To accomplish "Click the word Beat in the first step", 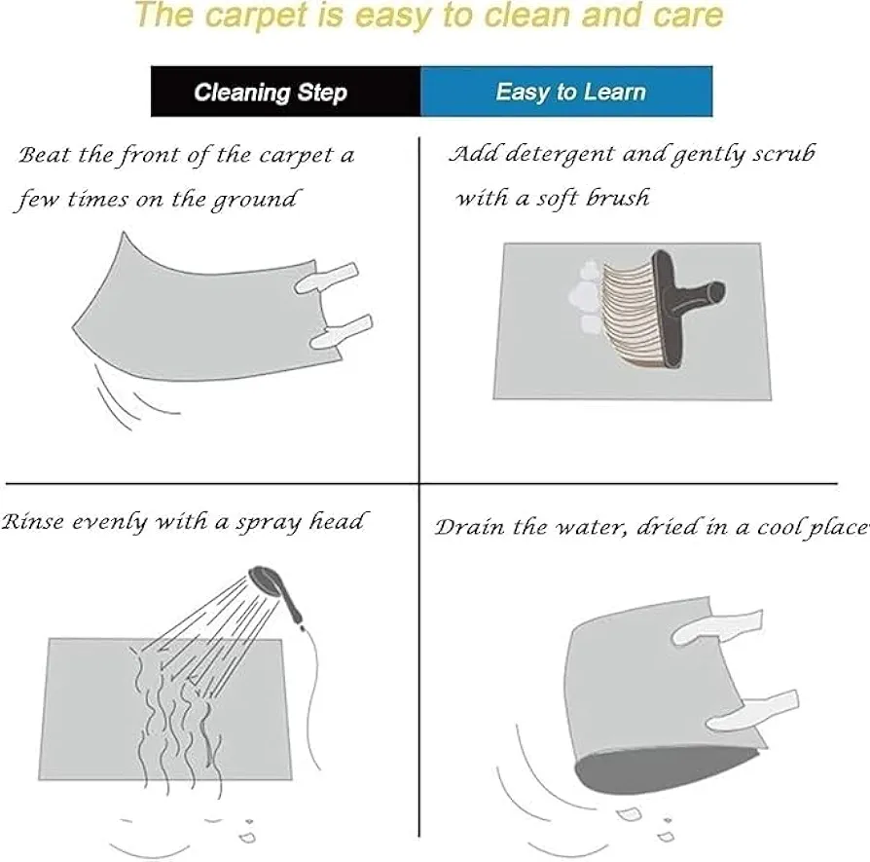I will [45, 155].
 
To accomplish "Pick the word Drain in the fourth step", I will [470, 528].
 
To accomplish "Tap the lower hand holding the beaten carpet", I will [341, 331].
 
